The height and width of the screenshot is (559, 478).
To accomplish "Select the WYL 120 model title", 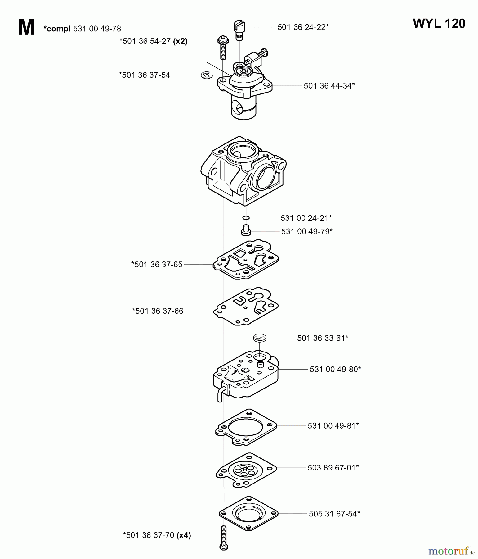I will coord(439,24).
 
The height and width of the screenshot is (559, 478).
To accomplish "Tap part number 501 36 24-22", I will coord(303,27).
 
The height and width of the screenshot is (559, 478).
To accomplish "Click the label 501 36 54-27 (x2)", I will coord(153,41).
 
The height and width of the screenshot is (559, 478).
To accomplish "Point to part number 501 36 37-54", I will coord(145,75).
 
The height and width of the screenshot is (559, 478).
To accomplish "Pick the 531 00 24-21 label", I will coord(306,218).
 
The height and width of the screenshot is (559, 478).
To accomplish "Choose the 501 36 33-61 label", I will coord(323,338).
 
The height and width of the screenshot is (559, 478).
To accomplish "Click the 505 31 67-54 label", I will coord(334,514).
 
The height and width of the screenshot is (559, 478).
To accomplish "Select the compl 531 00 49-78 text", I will coord(82,29).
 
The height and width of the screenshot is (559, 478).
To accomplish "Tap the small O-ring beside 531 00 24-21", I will coord(246,218).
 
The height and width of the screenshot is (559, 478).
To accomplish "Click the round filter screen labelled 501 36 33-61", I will coord(260,338).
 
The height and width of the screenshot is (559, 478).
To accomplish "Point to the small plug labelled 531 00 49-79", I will coord(246,231).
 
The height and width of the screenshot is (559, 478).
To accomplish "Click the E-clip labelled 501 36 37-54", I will coord(207,75).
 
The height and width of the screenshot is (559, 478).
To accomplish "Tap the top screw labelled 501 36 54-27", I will coord(223,47).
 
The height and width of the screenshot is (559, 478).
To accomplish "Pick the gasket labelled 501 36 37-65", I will coord(246,260).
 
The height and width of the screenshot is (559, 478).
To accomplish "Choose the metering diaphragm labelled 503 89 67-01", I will coord(246,470).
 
